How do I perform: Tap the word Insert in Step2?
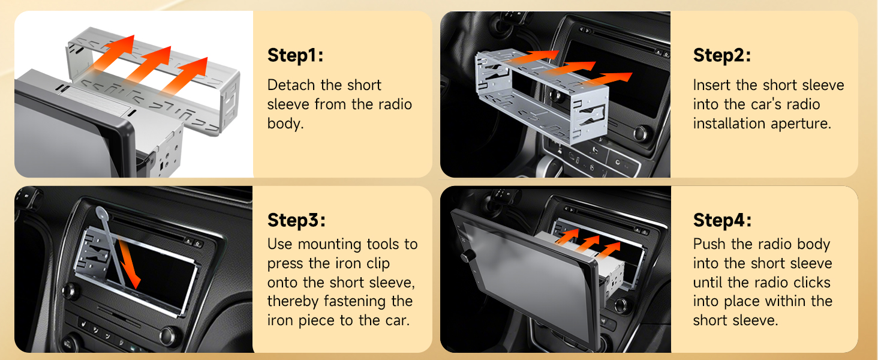click(x=711, y=85)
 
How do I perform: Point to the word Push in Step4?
click(x=709, y=244)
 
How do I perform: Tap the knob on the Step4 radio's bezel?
click(x=465, y=257)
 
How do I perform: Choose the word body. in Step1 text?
click(x=285, y=124)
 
